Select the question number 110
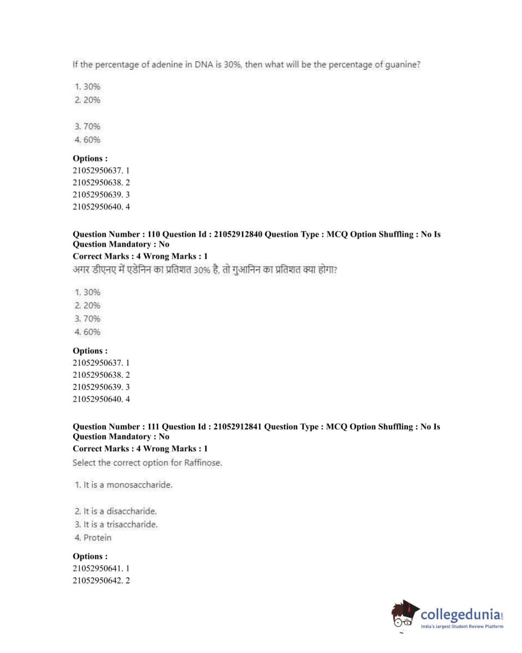click(153, 234)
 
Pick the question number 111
click(153, 427)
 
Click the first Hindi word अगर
click(81, 270)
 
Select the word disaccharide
click(131, 511)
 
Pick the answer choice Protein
click(97, 538)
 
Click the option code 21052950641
click(97, 569)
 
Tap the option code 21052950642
click(97, 581)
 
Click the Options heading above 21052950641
click(90, 556)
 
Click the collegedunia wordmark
click(460, 614)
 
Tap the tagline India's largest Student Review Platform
click(462, 627)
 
